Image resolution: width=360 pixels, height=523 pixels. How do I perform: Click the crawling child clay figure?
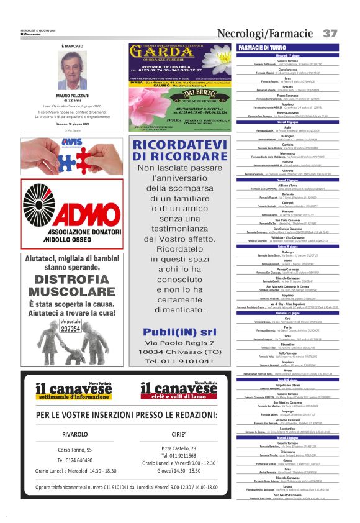tap(78, 355)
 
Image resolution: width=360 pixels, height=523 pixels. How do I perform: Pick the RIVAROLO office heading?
tap(75, 434)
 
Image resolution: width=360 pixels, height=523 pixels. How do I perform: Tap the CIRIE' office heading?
tap(179, 434)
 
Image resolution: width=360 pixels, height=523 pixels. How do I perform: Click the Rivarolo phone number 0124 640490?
tap(75, 460)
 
